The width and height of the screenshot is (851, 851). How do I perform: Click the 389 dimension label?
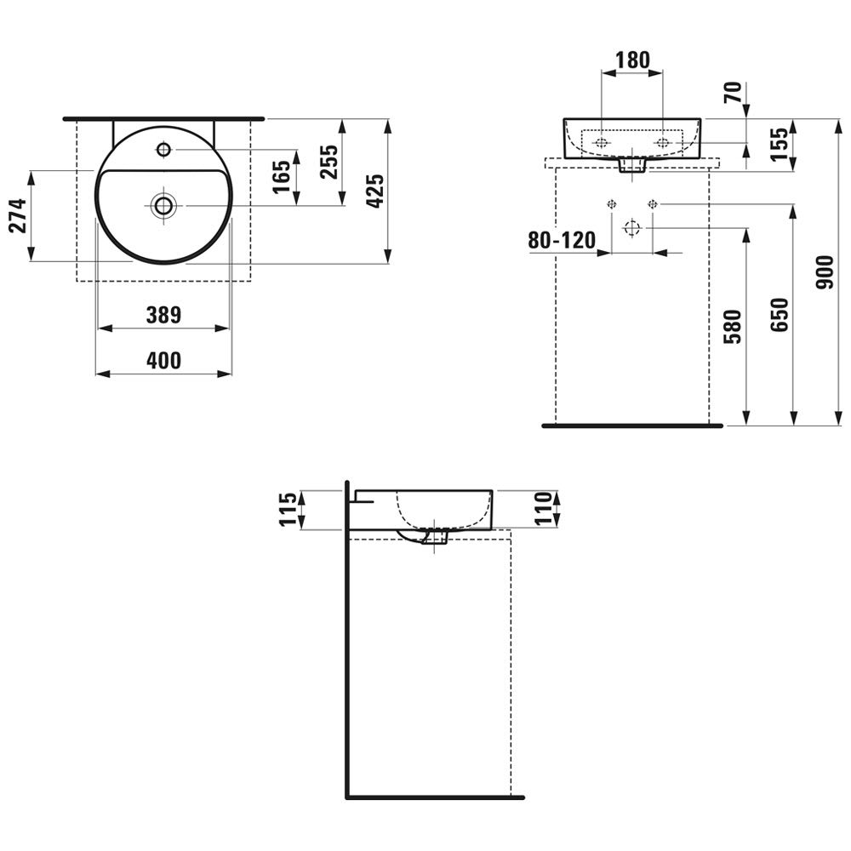pyautogui.click(x=163, y=316)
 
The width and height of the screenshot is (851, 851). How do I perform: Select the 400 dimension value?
pyautogui.click(x=163, y=361)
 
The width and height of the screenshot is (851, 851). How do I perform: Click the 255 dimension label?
pyautogui.click(x=330, y=162)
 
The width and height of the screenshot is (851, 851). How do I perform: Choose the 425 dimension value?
pyautogui.click(x=375, y=191)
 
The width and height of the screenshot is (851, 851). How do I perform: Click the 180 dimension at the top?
pyautogui.click(x=632, y=60)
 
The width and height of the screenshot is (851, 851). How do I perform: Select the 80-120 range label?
pyautogui.click(x=562, y=241)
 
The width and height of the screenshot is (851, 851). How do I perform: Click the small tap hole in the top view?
pyautogui.click(x=163, y=150)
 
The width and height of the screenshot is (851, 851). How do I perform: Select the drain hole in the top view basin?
pyautogui.click(x=163, y=205)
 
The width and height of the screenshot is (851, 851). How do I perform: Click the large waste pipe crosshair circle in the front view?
pyautogui.click(x=631, y=228)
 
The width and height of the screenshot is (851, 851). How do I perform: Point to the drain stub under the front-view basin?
pyautogui.click(x=631, y=165)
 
